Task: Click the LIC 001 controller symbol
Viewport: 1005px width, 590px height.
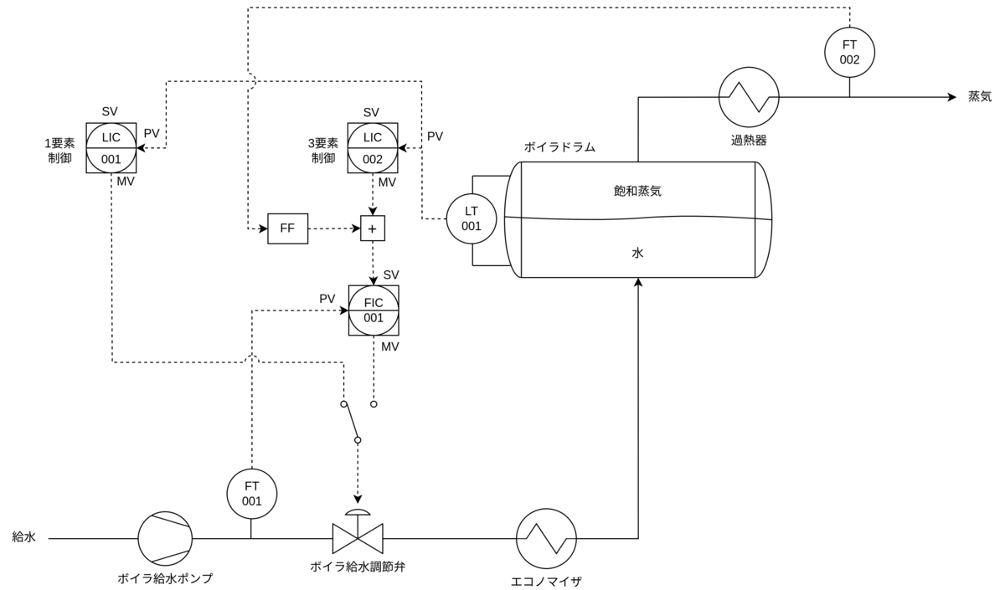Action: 111,148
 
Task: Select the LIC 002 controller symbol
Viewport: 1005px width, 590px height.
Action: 373,148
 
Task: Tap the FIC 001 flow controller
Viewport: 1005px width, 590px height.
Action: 374,310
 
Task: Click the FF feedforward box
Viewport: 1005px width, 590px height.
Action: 287,228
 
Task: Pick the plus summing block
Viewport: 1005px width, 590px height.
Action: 373,228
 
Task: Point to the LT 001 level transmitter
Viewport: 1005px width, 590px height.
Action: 471,218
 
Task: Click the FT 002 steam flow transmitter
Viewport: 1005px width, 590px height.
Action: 849,52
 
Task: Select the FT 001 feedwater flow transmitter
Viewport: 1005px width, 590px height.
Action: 252,494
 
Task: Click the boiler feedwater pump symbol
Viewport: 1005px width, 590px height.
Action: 165,538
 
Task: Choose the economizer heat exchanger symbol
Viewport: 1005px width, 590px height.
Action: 546,538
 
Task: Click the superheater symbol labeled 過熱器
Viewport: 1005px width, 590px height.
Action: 749,97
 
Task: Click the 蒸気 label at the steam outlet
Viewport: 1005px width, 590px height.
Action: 980,96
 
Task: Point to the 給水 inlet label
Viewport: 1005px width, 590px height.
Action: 23,536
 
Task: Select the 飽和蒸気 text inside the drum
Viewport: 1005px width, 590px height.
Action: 637,191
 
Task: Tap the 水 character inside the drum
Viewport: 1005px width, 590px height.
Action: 637,253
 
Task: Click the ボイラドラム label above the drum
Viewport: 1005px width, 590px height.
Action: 559,147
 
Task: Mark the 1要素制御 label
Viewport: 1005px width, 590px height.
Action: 59,151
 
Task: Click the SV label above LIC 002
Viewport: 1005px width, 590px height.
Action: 371,112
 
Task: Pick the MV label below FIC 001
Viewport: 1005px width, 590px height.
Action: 390,346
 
